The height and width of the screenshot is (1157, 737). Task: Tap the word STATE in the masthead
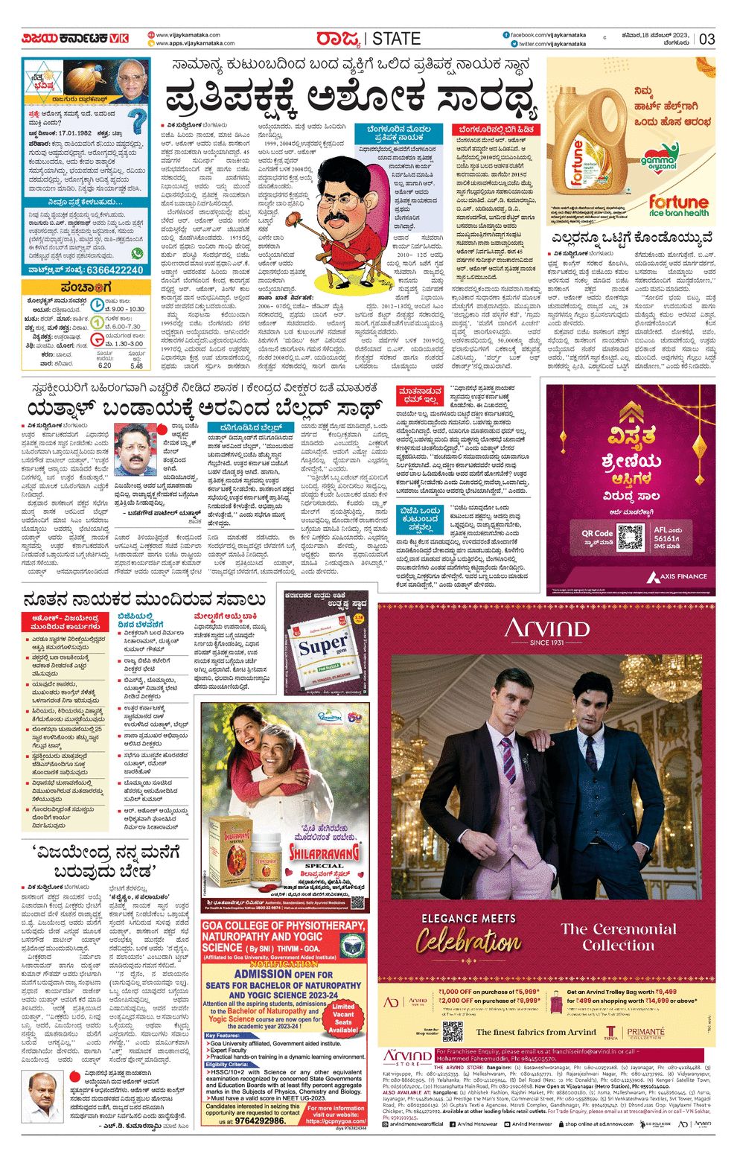(x=396, y=39)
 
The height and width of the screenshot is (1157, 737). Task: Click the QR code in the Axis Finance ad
(x=630, y=537)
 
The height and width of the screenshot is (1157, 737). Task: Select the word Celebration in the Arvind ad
(x=469, y=942)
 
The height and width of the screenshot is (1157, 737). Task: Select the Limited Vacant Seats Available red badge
(x=343, y=1017)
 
